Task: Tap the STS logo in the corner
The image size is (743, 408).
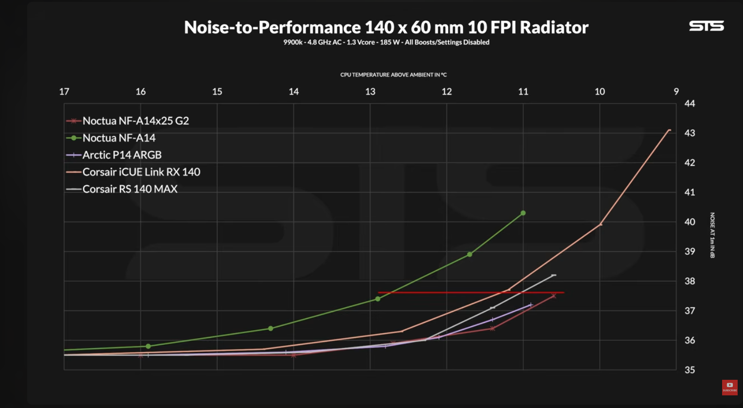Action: pyautogui.click(x=706, y=26)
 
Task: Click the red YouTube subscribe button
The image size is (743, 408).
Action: pyautogui.click(x=729, y=387)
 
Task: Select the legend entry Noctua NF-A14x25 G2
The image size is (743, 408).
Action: pyautogui.click(x=135, y=121)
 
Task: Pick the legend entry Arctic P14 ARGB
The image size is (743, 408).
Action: pyautogui.click(x=121, y=155)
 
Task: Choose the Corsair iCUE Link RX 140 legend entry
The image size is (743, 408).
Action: pyautogui.click(x=141, y=172)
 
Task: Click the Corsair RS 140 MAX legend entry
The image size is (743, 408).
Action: pyautogui.click(x=130, y=189)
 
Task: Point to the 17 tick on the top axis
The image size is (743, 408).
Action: pyautogui.click(x=64, y=91)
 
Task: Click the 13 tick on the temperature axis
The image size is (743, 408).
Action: pyautogui.click(x=370, y=91)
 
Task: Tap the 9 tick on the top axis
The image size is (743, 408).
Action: pyautogui.click(x=676, y=91)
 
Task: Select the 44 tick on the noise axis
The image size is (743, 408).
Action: pyautogui.click(x=690, y=104)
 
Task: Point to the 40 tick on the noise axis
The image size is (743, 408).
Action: pyautogui.click(x=690, y=222)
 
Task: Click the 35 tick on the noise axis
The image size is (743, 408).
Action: pyautogui.click(x=690, y=370)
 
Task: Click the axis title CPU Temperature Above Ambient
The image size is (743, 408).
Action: pyautogui.click(x=393, y=75)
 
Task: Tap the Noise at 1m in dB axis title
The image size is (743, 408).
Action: pyautogui.click(x=712, y=235)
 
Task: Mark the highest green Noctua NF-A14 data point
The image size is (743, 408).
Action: pyautogui.click(x=523, y=213)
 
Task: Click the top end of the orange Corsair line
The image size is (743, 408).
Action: pyautogui.click(x=669, y=130)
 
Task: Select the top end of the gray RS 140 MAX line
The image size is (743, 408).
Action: pyautogui.click(x=553, y=275)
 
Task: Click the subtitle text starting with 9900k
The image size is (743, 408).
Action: pyautogui.click(x=386, y=42)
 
